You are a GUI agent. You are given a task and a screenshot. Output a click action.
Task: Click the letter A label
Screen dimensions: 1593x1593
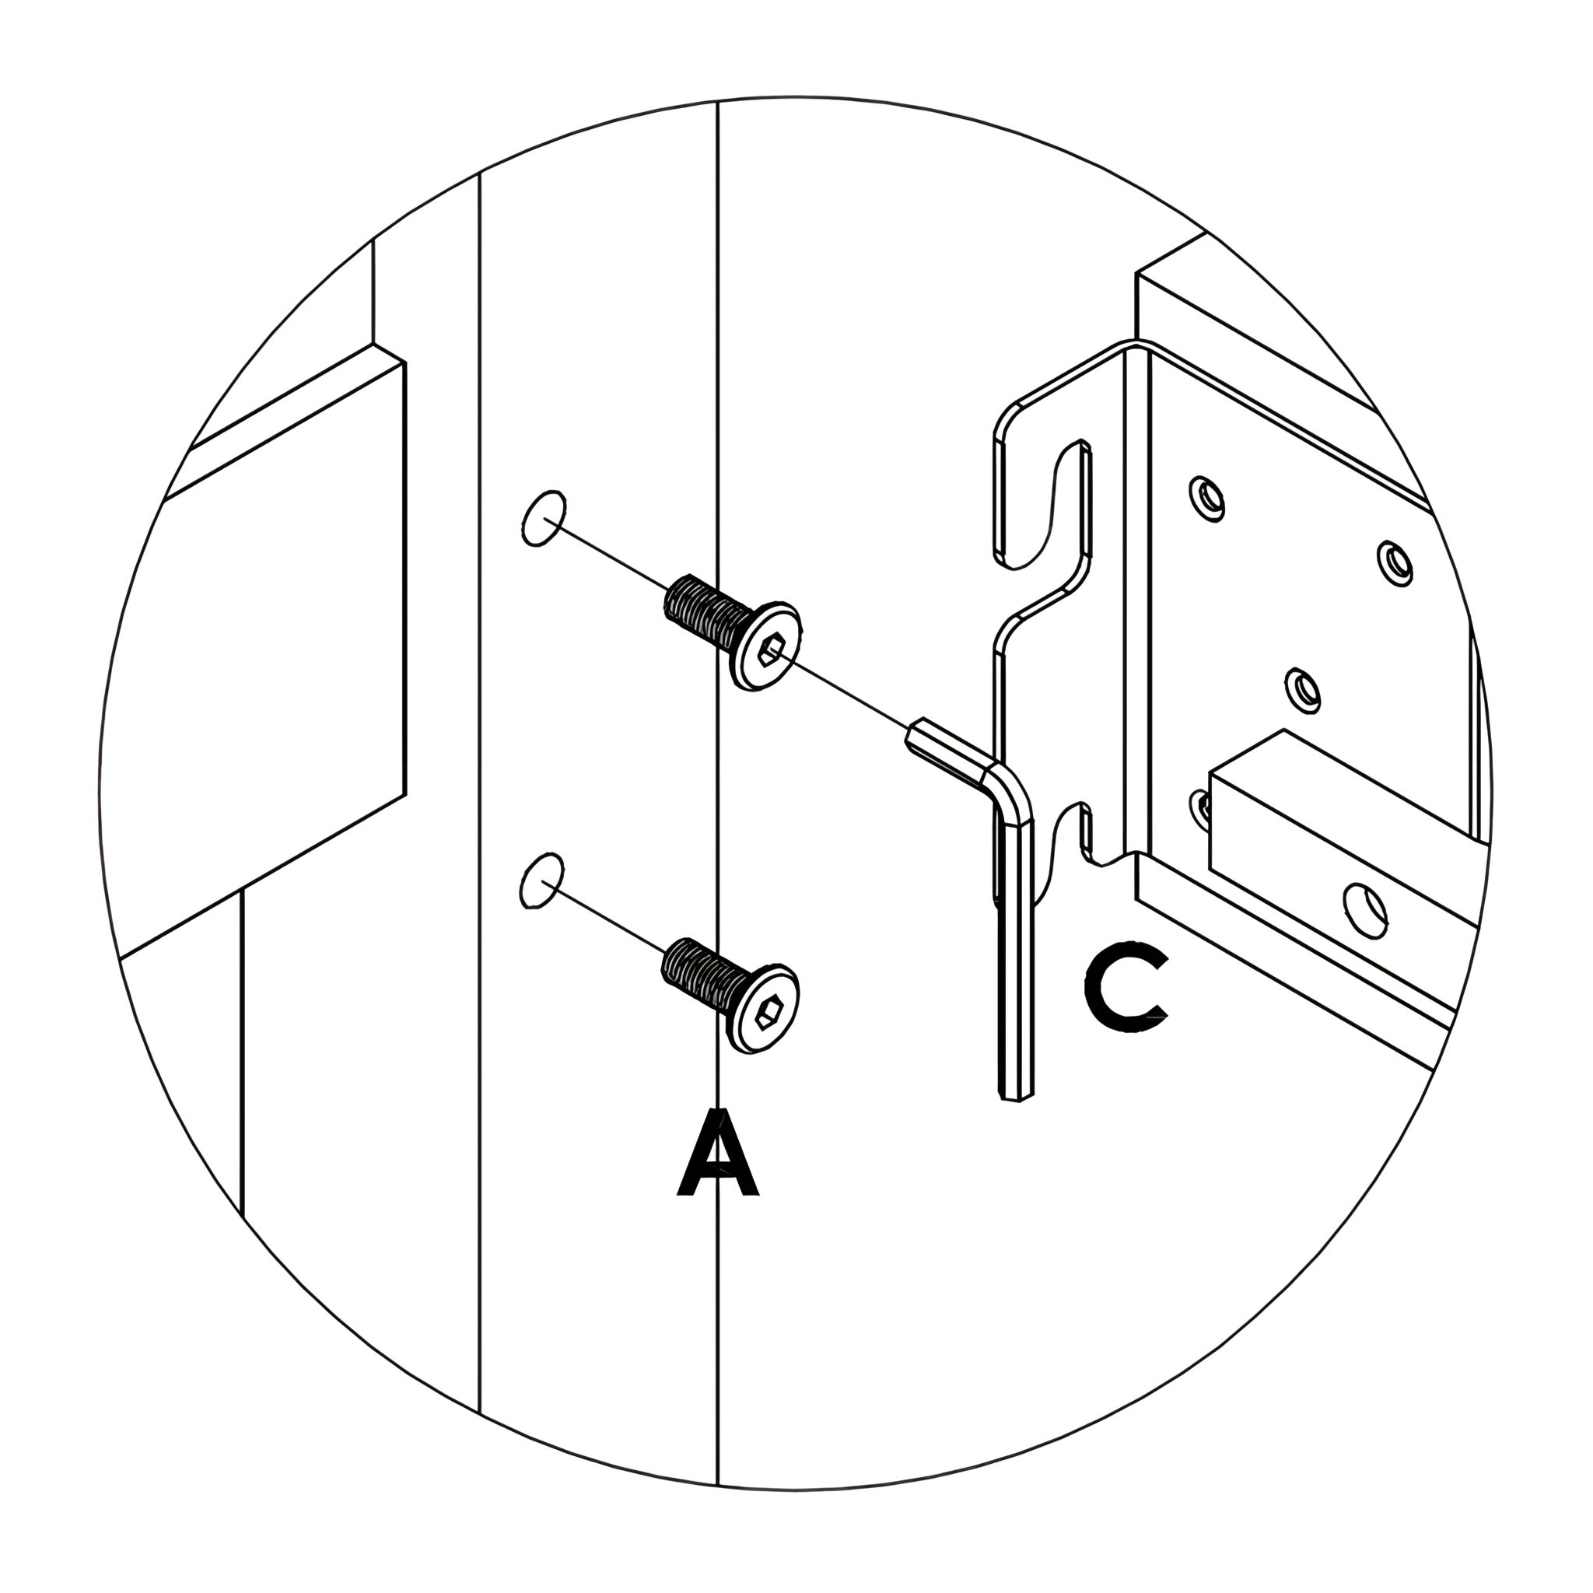[x=718, y=1152]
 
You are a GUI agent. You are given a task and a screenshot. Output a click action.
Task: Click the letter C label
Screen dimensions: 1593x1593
[x=1126, y=990]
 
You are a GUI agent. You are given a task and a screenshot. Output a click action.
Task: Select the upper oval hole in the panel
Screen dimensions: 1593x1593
[x=544, y=518]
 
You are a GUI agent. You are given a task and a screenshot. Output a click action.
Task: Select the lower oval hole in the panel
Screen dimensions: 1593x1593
[x=543, y=881]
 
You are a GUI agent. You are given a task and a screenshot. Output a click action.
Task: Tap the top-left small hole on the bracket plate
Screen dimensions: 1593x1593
[x=1207, y=496]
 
